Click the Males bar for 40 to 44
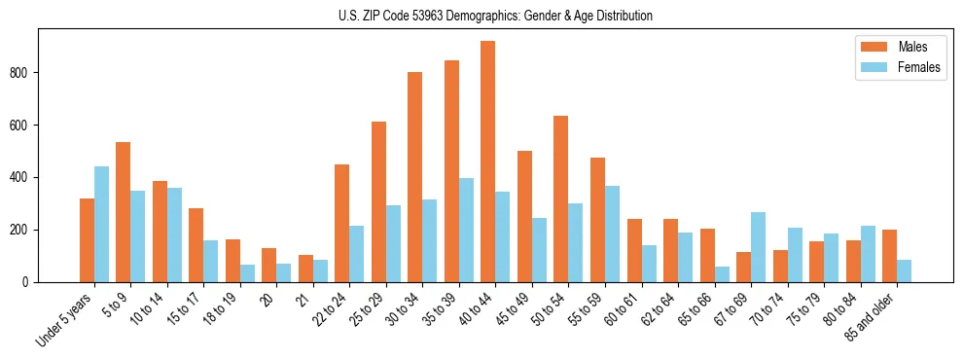[488, 162]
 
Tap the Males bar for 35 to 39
[451, 171]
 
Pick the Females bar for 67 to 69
[758, 247]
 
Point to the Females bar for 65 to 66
[722, 274]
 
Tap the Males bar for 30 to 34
[415, 177]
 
